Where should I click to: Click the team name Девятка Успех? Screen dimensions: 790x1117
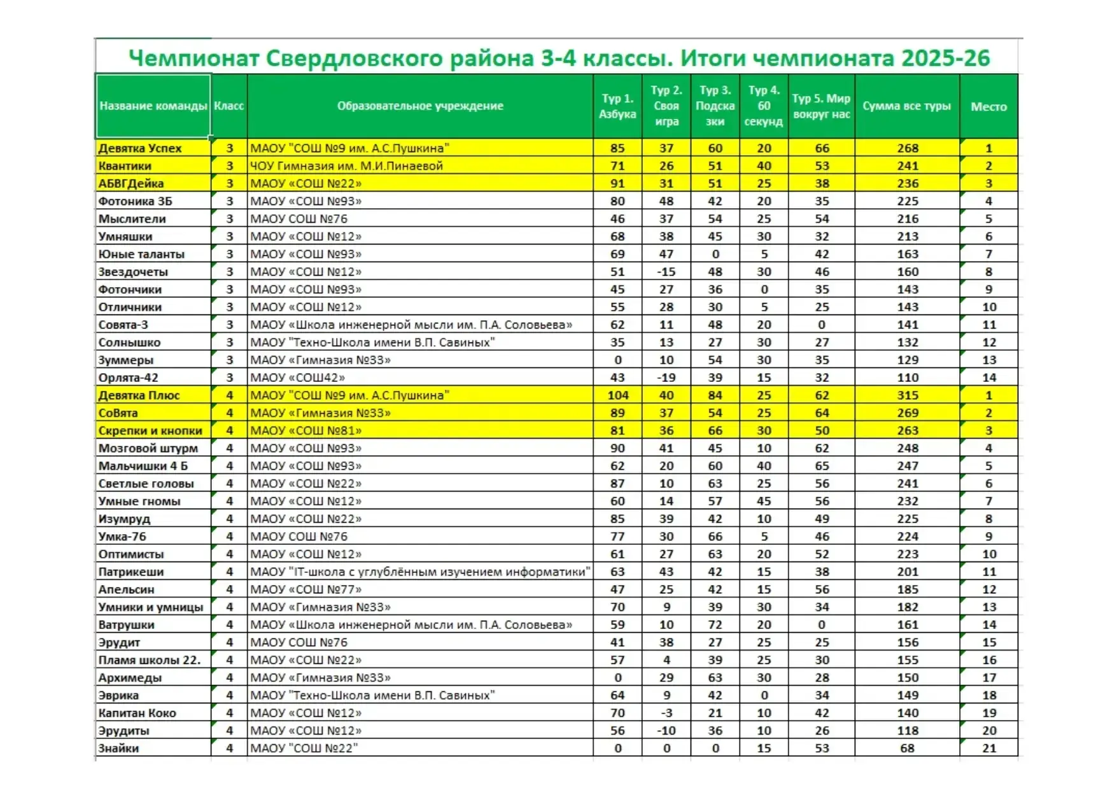click(x=140, y=148)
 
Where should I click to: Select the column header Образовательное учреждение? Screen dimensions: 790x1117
click(x=420, y=106)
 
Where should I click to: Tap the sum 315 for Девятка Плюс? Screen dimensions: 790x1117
click(x=908, y=395)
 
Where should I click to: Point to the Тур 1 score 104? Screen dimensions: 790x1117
click(x=617, y=395)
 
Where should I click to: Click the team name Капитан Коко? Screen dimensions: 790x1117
click(x=137, y=713)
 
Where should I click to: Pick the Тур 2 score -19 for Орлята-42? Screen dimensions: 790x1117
click(x=666, y=377)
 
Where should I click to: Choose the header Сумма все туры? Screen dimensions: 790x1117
click(x=907, y=106)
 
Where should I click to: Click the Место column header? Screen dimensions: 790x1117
click(x=988, y=106)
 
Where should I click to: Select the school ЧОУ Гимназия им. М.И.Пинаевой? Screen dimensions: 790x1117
click(x=346, y=166)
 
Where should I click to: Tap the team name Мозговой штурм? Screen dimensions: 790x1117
click(x=148, y=448)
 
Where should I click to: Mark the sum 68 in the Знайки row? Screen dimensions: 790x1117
click(x=908, y=749)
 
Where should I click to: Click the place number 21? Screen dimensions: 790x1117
click(x=989, y=749)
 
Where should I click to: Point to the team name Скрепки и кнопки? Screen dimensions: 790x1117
click(x=150, y=431)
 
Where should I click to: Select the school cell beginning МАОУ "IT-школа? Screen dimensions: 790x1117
click(x=420, y=572)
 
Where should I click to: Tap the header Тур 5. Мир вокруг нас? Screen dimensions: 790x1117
click(x=821, y=106)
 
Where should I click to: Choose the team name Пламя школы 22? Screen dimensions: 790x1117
click(x=149, y=660)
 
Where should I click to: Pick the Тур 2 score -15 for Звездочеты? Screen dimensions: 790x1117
click(x=666, y=272)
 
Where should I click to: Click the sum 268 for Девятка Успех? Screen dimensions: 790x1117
click(x=908, y=148)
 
